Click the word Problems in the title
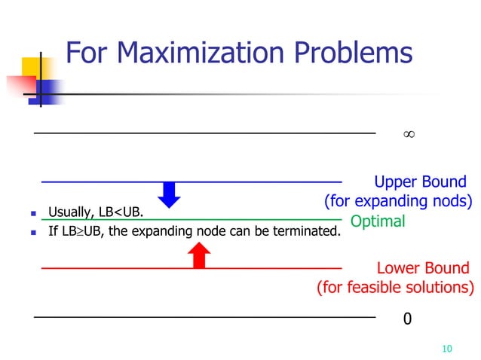coord(358,53)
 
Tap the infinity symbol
coord(408,134)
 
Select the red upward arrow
coord(198,256)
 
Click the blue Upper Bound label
coord(420,182)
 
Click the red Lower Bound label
coord(422,268)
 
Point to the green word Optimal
coord(378,221)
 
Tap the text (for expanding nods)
coord(397,201)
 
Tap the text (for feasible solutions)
coord(395,287)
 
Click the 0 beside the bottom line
coord(408,319)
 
